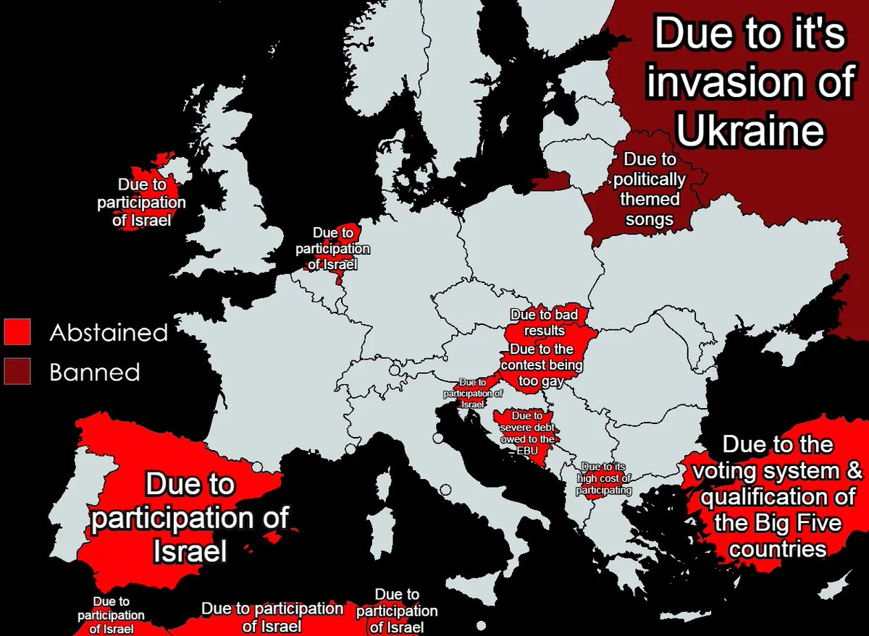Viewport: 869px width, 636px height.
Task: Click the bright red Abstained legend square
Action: [x=17, y=332]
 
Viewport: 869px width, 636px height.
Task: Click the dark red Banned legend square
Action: [x=17, y=371]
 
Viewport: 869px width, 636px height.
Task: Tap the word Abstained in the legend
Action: [x=109, y=333]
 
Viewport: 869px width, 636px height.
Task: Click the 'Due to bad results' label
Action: [x=544, y=323]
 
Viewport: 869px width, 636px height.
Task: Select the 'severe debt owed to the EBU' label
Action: [x=526, y=433]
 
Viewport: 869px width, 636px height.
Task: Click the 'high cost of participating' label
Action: [x=604, y=478]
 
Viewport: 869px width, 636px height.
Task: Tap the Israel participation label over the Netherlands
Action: [x=332, y=249]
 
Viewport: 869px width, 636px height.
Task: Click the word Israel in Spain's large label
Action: [x=190, y=551]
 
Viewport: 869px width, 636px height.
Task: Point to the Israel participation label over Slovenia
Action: [x=472, y=393]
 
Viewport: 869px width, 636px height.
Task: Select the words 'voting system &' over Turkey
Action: [x=778, y=471]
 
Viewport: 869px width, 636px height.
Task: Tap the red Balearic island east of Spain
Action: [x=273, y=538]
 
